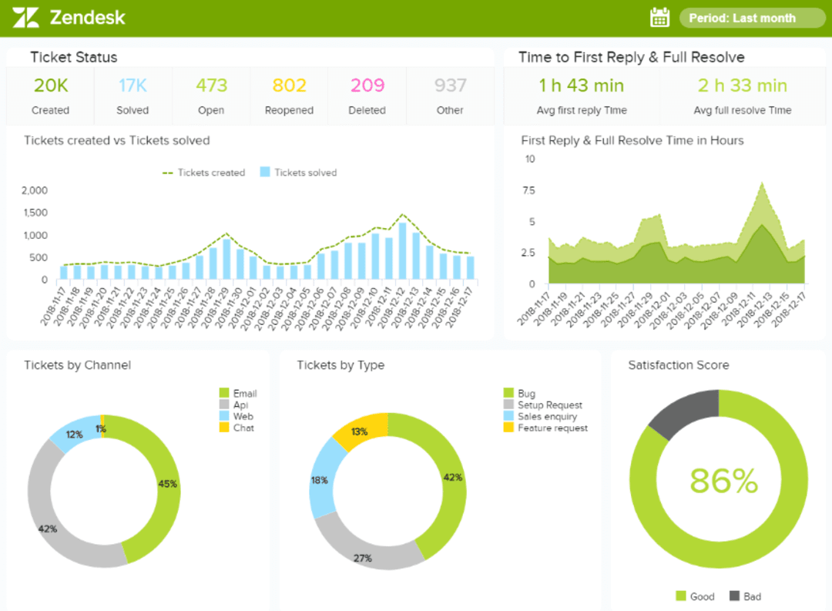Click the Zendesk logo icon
point(25,17)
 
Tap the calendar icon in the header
point(660,17)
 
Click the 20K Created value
point(51,86)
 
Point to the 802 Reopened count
point(289,86)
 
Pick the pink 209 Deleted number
point(367,86)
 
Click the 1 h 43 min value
point(582,86)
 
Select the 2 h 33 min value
point(742,86)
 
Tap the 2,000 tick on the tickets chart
point(35,190)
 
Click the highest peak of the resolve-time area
point(762,184)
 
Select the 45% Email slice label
point(168,484)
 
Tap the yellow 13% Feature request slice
point(360,431)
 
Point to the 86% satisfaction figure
point(723,481)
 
